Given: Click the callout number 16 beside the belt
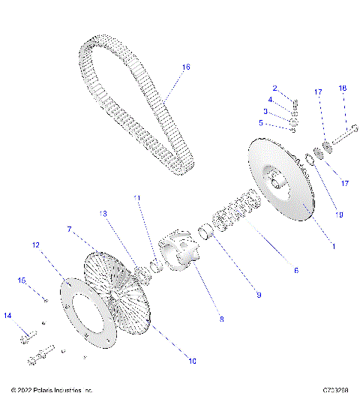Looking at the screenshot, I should [x=186, y=67].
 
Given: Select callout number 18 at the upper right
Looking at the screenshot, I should [x=343, y=88].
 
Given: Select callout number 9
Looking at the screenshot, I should [x=258, y=295].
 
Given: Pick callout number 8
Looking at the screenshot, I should [x=221, y=319].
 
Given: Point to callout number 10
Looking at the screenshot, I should [x=192, y=361].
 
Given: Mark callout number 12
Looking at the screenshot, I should [x=35, y=244].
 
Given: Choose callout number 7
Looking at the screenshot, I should [x=69, y=228].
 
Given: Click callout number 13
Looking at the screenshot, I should [x=104, y=213].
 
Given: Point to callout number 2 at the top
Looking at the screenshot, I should [x=274, y=88].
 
